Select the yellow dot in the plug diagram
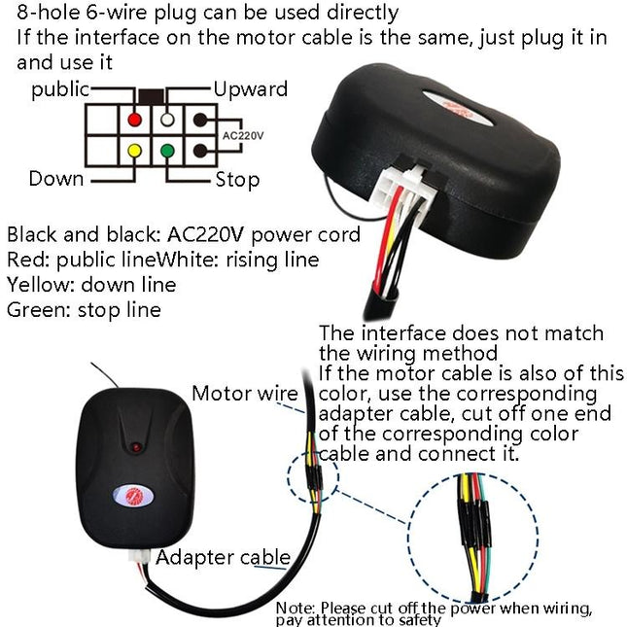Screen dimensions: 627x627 click(x=133, y=151)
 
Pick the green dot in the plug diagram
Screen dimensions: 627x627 click(x=167, y=151)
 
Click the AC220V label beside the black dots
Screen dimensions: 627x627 click(x=242, y=137)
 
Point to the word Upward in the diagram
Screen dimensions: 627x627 click(x=251, y=89)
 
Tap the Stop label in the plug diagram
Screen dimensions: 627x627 click(x=237, y=180)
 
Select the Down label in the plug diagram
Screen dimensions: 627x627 click(x=55, y=179)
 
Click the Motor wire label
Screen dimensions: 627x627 click(x=244, y=394)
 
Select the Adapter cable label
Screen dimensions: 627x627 click(x=223, y=557)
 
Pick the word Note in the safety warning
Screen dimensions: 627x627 click(x=295, y=608)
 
